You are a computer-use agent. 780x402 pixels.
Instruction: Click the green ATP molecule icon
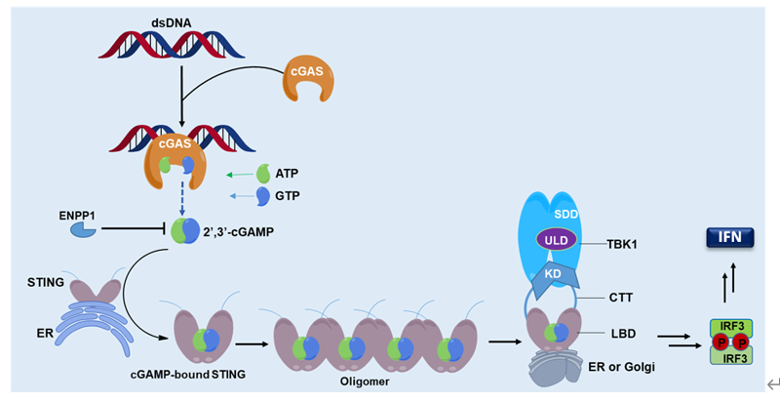tap(264, 175)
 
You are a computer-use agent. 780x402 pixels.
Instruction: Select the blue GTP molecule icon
tap(264, 196)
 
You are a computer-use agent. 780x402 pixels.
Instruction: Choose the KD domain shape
tap(552, 275)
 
